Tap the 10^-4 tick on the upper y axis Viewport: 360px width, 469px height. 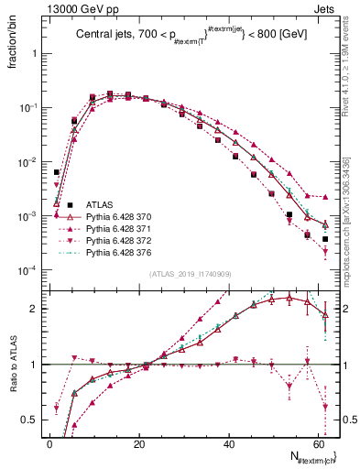[27, 270]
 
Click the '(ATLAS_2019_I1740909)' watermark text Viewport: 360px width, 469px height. [190, 275]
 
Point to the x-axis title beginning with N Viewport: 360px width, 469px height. [311, 457]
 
